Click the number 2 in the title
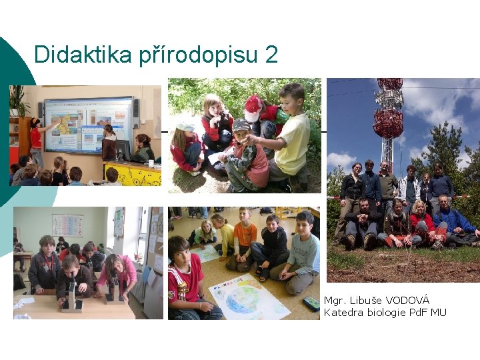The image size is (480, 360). click(x=271, y=55)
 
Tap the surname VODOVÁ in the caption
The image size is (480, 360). click(x=406, y=301)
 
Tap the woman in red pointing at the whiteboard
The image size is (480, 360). click(x=36, y=141)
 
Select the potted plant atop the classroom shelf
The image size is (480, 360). click(x=18, y=100)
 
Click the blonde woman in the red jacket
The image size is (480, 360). click(x=422, y=223)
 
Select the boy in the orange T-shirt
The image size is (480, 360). click(x=245, y=238)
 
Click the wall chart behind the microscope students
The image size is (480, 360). click(x=68, y=225)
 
